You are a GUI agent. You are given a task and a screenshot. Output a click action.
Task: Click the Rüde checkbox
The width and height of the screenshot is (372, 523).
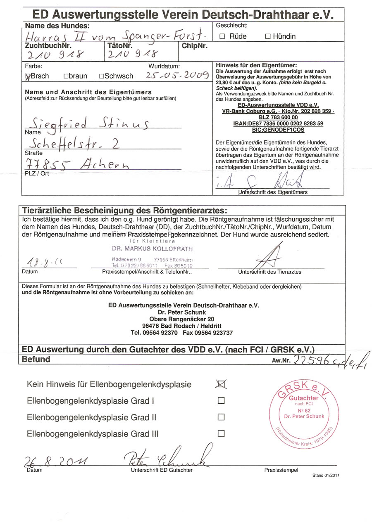(x=222, y=36)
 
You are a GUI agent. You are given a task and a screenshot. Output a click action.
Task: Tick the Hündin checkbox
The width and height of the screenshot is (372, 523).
(x=267, y=36)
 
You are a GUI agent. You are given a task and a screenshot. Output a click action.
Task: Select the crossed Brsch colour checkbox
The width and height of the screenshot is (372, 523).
(x=28, y=76)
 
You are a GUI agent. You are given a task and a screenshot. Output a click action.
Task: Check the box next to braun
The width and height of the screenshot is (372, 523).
(x=65, y=76)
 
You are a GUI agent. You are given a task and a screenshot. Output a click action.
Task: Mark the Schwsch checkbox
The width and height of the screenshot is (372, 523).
(x=101, y=76)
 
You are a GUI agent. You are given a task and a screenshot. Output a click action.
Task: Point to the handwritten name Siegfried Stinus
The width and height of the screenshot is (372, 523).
(x=87, y=124)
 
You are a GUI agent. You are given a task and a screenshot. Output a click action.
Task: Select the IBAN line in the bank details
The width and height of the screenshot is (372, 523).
(x=272, y=123)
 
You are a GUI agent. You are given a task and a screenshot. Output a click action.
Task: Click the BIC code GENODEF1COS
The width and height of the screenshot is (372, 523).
(x=272, y=129)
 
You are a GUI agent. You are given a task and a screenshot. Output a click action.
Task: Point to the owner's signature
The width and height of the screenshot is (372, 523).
(x=269, y=181)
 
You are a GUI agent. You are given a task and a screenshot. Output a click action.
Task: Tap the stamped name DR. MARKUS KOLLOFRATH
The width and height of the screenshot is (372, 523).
(x=152, y=249)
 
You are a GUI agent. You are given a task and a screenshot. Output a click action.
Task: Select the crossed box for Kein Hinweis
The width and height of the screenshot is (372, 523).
(x=221, y=384)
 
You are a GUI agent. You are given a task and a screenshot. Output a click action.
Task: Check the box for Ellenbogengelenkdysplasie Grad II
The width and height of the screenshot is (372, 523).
(x=221, y=417)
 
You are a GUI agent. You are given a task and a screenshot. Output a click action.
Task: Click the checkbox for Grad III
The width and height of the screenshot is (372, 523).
(x=221, y=433)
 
